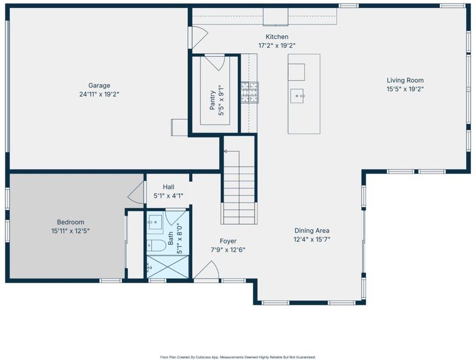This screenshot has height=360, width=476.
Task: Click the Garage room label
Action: click(99, 86)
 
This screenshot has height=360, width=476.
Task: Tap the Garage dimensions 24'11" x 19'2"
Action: click(99, 94)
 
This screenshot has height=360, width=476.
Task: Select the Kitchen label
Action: click(277, 37)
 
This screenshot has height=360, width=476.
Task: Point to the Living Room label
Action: click(405, 80)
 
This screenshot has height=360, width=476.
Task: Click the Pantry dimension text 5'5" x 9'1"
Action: click(221, 100)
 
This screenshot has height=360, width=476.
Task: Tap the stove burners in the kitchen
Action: click(250, 92)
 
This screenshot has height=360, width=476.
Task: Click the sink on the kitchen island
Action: click(297, 96)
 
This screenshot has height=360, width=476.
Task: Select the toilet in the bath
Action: click(156, 245)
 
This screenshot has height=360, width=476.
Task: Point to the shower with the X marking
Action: click(167, 266)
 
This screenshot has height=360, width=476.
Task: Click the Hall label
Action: click(169, 187)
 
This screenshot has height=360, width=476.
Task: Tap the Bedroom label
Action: click(70, 222)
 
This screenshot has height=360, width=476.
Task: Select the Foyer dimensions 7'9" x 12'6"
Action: click(228, 250)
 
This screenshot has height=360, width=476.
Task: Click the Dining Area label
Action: click(312, 230)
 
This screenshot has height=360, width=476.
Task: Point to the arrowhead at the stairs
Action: click(226, 151)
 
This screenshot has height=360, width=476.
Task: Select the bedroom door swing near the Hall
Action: click(136, 193)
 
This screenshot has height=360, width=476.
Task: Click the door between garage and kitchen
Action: click(199, 37)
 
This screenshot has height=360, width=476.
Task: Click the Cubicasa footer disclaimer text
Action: click(238, 357)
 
